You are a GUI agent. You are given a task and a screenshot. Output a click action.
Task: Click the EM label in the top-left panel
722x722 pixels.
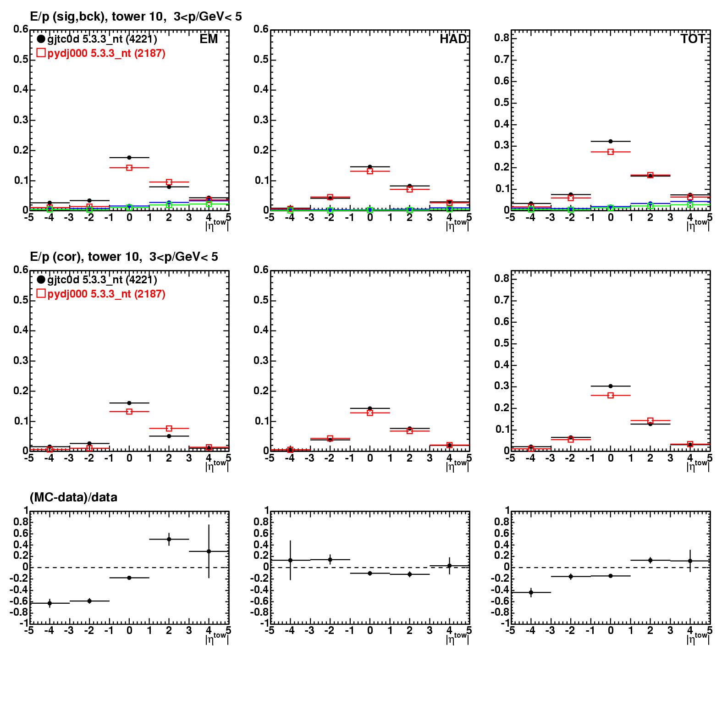coord(209,39)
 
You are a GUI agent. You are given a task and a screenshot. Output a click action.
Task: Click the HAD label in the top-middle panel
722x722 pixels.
coord(453,39)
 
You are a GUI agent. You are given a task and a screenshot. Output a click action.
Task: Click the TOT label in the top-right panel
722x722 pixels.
coord(692,39)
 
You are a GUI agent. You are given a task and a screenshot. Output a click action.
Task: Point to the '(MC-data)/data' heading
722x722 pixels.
coord(73,497)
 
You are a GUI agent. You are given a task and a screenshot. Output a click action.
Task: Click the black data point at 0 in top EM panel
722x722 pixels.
coord(129,158)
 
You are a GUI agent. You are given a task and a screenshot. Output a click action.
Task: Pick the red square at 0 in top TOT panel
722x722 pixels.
coord(611,152)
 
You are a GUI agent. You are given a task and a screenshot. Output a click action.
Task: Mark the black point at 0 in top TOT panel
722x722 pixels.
coord(611,141)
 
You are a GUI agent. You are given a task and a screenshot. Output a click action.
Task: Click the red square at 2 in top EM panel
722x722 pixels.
coord(169,182)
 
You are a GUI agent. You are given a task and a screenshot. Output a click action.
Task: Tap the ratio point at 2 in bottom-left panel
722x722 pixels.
coord(169,539)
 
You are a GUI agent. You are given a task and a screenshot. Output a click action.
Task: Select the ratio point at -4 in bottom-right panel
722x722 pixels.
coord(531,592)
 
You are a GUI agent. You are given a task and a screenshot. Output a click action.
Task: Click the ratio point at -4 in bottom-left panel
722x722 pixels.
coord(50,603)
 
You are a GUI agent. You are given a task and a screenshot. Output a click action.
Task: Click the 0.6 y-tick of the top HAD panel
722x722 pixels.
coord(261,29)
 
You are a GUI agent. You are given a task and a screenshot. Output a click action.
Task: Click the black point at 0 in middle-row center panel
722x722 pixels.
coord(370,408)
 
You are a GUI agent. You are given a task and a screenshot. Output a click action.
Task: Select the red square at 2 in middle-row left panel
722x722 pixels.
coord(169,428)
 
